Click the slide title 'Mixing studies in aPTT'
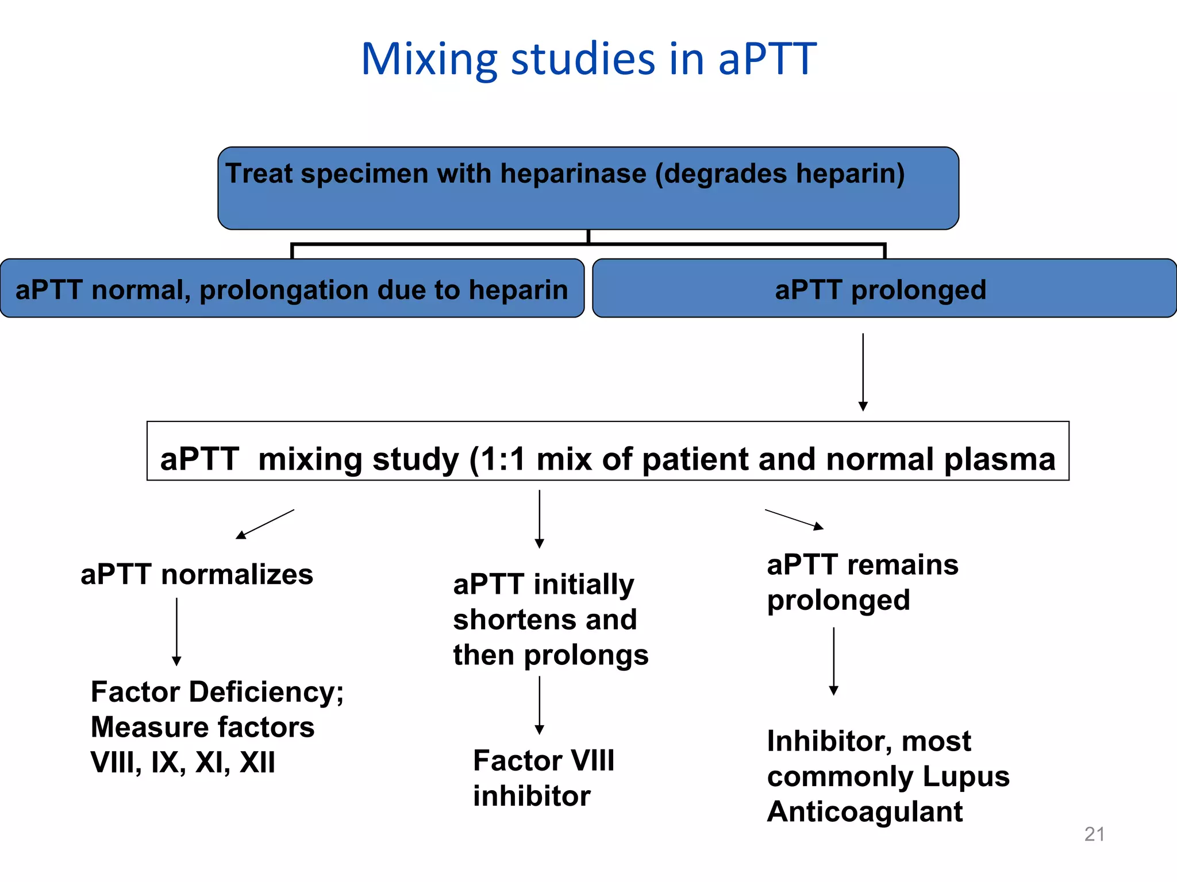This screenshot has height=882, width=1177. pyautogui.click(x=588, y=59)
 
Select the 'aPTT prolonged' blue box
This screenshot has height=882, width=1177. pyautogui.click(x=884, y=289)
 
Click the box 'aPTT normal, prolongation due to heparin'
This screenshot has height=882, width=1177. pyautogui.click(x=292, y=289)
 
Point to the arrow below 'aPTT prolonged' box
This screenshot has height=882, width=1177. pyautogui.click(x=863, y=372)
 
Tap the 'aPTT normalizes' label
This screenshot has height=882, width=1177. pyautogui.click(x=197, y=574)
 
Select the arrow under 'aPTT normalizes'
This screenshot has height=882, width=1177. pyautogui.click(x=176, y=632)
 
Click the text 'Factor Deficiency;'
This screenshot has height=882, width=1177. pyautogui.click(x=217, y=692)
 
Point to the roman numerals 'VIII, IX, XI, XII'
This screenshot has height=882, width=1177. pyautogui.click(x=183, y=763)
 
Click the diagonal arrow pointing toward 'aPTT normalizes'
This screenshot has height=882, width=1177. pyautogui.click(x=265, y=524)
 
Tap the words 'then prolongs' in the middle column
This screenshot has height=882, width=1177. pyautogui.click(x=551, y=655)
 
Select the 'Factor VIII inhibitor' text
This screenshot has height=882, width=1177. pyautogui.click(x=543, y=778)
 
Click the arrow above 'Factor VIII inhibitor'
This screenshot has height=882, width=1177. pyautogui.click(x=539, y=705)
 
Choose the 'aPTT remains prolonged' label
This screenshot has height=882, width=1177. pyautogui.click(x=862, y=582)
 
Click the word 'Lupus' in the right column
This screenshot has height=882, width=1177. pyautogui.click(x=966, y=776)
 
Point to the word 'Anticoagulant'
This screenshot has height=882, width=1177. pyautogui.click(x=864, y=812)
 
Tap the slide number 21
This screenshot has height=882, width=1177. pyautogui.click(x=1094, y=834)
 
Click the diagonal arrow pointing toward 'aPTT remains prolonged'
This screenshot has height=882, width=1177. pyautogui.click(x=794, y=519)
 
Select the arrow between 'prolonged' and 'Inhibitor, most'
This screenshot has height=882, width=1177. pyautogui.click(x=833, y=661)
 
